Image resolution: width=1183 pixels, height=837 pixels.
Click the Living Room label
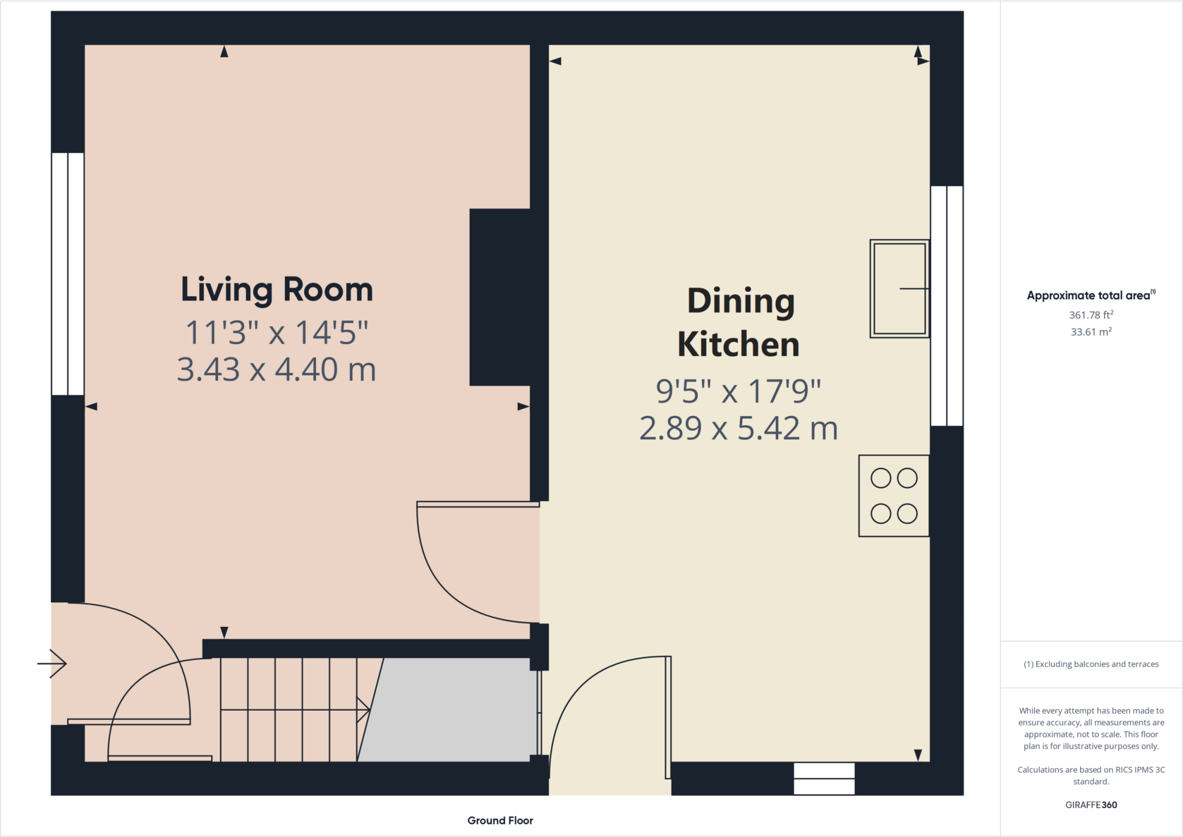pyautogui.click(x=277, y=290)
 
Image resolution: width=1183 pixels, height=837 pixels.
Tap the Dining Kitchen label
pyautogui.click(x=739, y=322)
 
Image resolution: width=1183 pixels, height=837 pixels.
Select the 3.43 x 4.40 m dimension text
pyautogui.click(x=277, y=370)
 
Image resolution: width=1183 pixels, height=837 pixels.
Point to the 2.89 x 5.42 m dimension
pyautogui.click(x=739, y=429)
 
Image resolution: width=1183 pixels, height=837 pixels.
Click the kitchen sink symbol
pyautogui.click(x=899, y=288)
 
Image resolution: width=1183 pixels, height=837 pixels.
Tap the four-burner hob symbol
pyautogui.click(x=894, y=496)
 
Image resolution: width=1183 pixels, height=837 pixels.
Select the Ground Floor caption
pyautogui.click(x=500, y=820)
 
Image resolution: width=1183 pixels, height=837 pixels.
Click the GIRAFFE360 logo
pyautogui.click(x=1091, y=805)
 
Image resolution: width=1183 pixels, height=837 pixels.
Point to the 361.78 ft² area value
pyautogui.click(x=1091, y=315)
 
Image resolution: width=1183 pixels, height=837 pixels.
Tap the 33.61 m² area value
pyautogui.click(x=1091, y=332)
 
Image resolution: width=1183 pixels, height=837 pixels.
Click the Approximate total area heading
pyautogui.click(x=1091, y=295)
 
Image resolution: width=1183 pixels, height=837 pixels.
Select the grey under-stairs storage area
pyautogui.click(x=448, y=710)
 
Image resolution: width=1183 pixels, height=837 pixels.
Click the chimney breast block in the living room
pyautogui.click(x=500, y=297)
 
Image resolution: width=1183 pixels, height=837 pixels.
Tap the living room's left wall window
pyautogui.click(x=68, y=274)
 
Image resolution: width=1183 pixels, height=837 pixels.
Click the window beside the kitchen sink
pyautogui.click(x=947, y=306)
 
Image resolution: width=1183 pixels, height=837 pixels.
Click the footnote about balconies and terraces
pyautogui.click(x=1091, y=664)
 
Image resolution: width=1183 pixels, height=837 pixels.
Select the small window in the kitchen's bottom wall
pyautogui.click(x=824, y=779)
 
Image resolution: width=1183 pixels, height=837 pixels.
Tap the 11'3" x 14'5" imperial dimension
pyautogui.click(x=277, y=333)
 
